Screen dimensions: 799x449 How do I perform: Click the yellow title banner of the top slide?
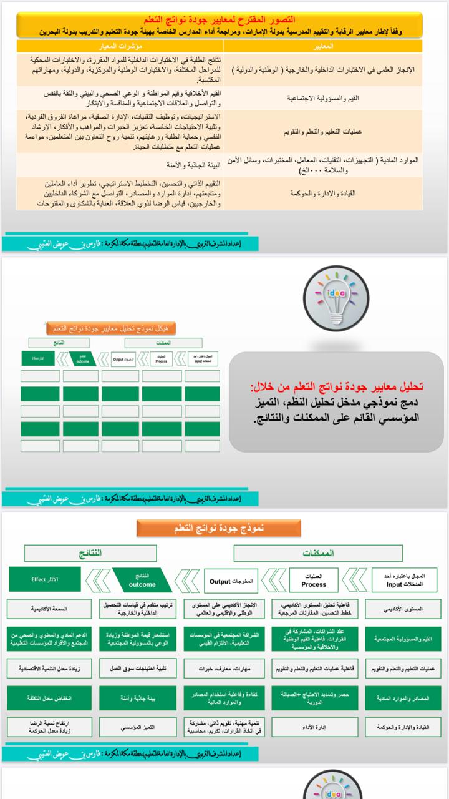pyautogui.click(x=220, y=26)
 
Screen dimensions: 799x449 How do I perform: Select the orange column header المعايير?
pyautogui.click(x=325, y=47)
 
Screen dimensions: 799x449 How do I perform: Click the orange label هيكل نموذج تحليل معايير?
pyautogui.click(x=112, y=328)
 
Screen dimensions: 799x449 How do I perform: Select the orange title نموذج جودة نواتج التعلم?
pyautogui.click(x=220, y=528)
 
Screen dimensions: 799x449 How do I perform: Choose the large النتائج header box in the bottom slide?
pyautogui.click(x=90, y=553)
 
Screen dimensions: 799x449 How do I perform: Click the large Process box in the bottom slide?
pyautogui.click(x=313, y=581)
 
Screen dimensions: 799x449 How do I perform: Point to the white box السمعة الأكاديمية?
pyautogui.click(x=49, y=608)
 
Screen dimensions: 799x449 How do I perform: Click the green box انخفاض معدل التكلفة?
pyautogui.click(x=49, y=698)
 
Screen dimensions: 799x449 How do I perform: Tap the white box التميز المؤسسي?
pyautogui.click(x=138, y=727)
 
